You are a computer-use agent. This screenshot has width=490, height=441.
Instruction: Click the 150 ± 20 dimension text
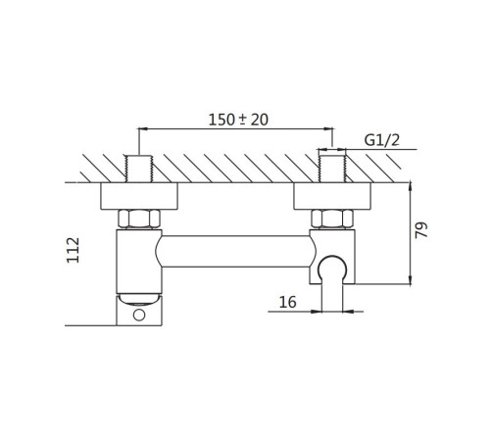pyautogui.click(x=238, y=120)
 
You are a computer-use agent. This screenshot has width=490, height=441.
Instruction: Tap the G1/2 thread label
pyautogui.click(x=382, y=140)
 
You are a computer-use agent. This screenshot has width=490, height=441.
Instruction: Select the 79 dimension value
pyautogui.click(x=421, y=230)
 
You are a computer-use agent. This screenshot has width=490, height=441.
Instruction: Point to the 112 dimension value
pyautogui.click(x=73, y=250)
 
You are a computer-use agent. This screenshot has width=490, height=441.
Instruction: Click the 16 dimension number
pyautogui.click(x=288, y=302)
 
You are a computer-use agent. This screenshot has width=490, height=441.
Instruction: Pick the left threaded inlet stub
pyautogui.click(x=139, y=169)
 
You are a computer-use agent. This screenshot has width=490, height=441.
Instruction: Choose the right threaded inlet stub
pyautogui.click(x=332, y=169)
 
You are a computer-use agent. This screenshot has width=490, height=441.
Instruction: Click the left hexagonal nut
pyautogui.click(x=139, y=219)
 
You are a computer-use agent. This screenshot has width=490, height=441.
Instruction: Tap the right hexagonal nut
pyautogui.click(x=332, y=219)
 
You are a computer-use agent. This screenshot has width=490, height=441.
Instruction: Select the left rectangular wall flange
pyautogui.click(x=139, y=196)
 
